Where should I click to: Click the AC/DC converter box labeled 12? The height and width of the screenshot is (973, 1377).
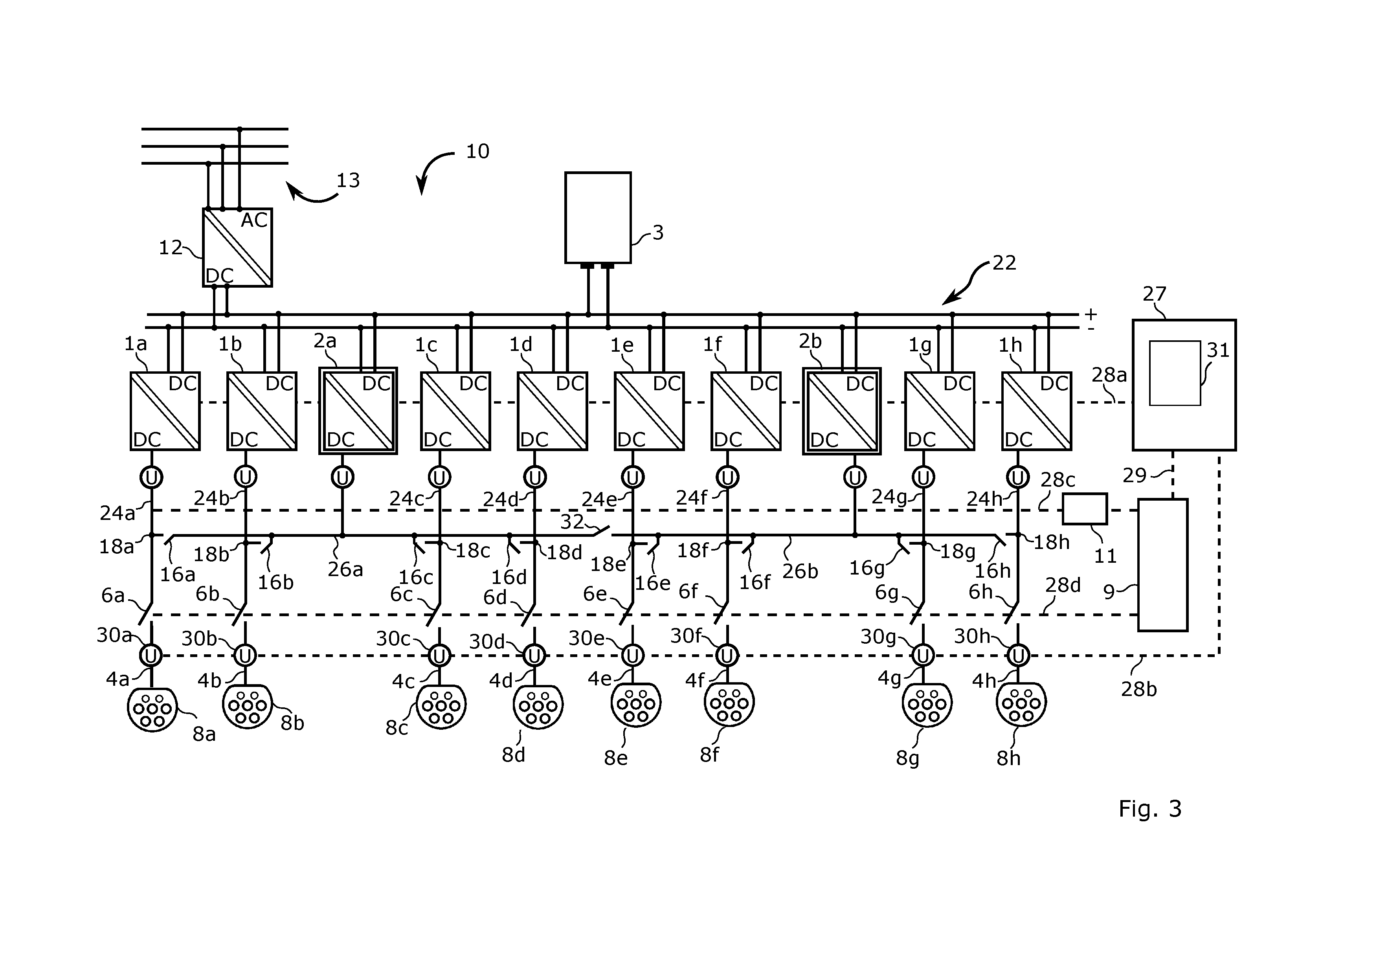[237, 248]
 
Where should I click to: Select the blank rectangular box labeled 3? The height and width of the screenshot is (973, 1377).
[598, 218]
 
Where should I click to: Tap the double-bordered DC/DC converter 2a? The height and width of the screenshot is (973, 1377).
[358, 411]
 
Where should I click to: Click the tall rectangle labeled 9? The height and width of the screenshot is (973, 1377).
[1163, 565]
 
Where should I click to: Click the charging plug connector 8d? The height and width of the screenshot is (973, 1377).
[538, 707]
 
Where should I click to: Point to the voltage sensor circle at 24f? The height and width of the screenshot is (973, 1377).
[727, 477]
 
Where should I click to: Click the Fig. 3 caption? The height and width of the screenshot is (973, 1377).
[1150, 809]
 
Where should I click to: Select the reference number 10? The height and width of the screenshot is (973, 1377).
[477, 151]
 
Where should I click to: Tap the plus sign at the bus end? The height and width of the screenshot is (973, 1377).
[1091, 314]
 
